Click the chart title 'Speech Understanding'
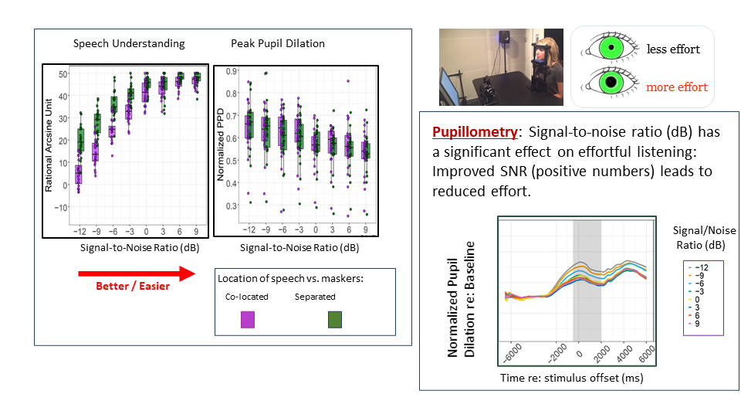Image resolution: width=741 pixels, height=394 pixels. (x=129, y=44)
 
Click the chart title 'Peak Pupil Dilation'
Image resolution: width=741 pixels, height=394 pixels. (x=278, y=43)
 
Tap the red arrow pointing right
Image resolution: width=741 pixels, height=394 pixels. (x=137, y=273)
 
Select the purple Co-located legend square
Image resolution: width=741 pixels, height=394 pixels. (x=248, y=319)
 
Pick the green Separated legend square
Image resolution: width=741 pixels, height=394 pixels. (x=334, y=319)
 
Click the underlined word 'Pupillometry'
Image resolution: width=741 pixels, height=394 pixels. (x=475, y=132)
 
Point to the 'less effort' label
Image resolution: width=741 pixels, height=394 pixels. (x=673, y=49)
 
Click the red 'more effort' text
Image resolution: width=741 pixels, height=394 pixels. (x=677, y=87)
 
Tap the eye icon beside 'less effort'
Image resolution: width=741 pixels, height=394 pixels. (x=610, y=48)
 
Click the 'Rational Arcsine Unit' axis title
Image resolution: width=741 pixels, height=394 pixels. (x=49, y=145)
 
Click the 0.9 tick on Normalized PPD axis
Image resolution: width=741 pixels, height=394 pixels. (x=232, y=71)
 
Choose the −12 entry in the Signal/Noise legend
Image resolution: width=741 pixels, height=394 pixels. (x=702, y=268)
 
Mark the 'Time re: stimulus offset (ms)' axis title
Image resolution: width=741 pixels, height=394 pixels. (x=572, y=378)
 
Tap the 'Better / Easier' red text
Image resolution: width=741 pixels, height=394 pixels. (x=133, y=286)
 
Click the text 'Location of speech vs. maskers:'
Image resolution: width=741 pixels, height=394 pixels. (x=291, y=279)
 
